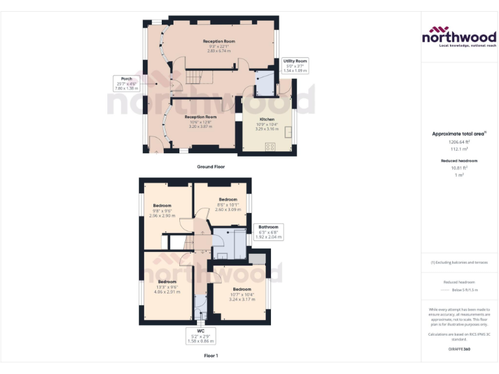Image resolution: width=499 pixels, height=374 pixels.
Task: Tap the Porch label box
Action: (x=126, y=84)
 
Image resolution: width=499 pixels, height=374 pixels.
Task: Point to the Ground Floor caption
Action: (x=211, y=167)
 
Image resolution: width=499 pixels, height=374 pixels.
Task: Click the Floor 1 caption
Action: (x=211, y=356)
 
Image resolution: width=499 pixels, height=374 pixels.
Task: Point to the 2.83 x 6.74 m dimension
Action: (x=218, y=51)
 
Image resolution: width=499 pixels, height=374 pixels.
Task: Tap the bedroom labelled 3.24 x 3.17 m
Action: (x=242, y=294)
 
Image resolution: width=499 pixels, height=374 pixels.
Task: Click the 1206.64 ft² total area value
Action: (x=459, y=142)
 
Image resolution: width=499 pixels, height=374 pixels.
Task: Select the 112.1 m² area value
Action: (x=459, y=148)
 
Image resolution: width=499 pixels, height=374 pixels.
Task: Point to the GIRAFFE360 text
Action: (x=459, y=349)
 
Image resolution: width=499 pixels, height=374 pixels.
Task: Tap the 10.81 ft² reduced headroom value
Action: (x=459, y=168)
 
